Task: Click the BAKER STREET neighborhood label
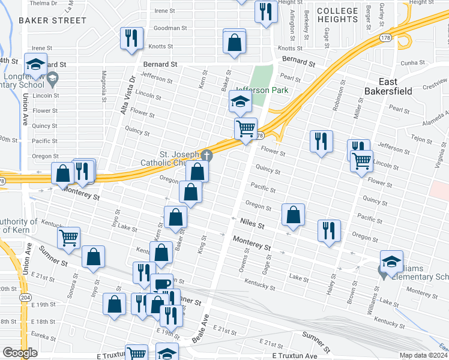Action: point(52,20)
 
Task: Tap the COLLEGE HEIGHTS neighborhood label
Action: point(337,15)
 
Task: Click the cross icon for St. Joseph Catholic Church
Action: point(206,155)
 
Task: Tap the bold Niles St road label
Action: point(252,225)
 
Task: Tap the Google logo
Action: point(20,352)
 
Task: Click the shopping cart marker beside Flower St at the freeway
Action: point(246,128)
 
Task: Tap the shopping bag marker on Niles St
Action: point(293,215)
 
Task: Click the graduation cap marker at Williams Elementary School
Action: point(391,261)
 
